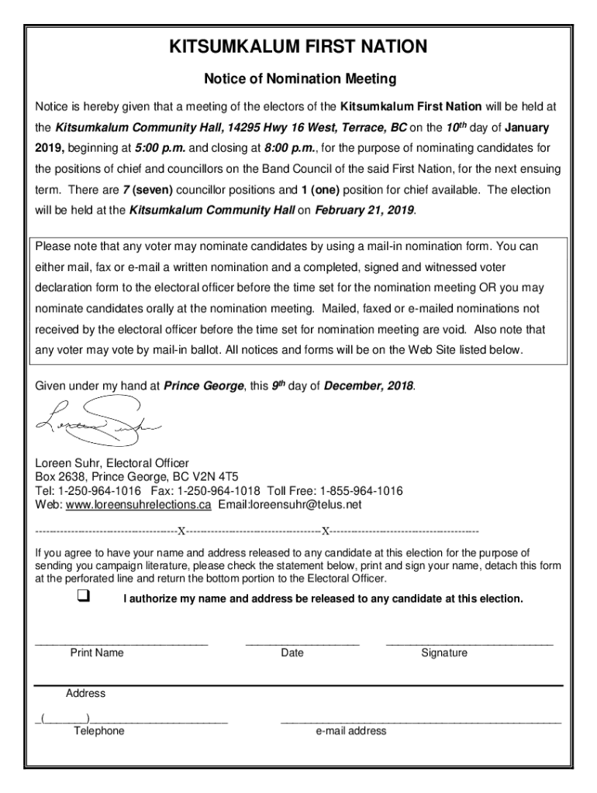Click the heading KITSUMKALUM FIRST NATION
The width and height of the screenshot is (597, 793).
click(299, 48)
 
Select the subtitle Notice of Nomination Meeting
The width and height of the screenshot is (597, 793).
click(299, 79)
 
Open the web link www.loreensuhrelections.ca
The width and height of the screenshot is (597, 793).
click(138, 505)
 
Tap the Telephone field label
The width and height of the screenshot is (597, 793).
click(98, 731)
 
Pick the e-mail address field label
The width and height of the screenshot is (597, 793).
click(350, 731)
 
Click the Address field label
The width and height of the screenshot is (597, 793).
click(85, 693)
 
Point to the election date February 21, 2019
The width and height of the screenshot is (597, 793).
click(364, 209)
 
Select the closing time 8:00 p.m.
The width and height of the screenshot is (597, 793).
click(288, 148)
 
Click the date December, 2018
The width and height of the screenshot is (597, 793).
click(368, 386)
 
